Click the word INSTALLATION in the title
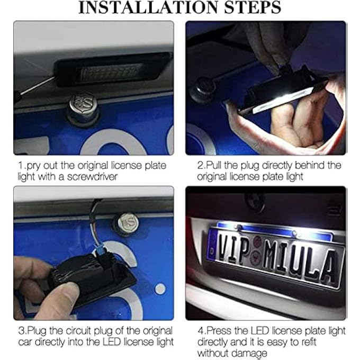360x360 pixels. click(149, 7)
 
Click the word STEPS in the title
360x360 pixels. click(253, 7)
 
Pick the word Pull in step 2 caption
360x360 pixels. click(214, 165)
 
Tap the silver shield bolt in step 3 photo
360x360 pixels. click(128, 223)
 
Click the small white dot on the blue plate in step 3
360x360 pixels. click(160, 289)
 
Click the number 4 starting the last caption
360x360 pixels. click(201, 331)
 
